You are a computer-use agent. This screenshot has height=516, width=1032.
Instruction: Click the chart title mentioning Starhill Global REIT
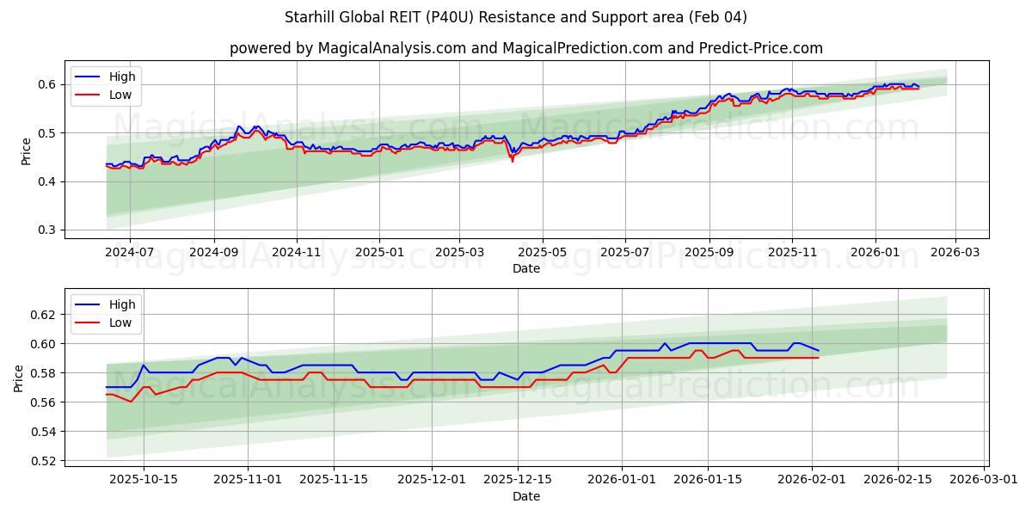[516, 17]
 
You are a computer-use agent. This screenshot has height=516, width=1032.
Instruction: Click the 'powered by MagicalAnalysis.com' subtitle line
[525, 48]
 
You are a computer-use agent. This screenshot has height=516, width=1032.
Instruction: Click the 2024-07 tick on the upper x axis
[130, 252]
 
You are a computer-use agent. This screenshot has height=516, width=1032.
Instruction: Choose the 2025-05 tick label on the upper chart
[543, 252]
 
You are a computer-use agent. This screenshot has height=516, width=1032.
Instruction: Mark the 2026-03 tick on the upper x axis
[955, 252]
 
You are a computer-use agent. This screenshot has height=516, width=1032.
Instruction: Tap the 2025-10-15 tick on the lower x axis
[144, 479]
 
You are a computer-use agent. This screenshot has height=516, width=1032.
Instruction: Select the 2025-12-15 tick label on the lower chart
[518, 479]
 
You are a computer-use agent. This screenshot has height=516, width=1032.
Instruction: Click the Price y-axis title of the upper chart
[26, 150]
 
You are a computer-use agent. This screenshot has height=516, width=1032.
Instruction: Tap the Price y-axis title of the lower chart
[19, 378]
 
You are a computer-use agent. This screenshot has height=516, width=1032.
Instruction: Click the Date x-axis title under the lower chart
[525, 496]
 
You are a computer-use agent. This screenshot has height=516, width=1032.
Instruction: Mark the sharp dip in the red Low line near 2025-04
[513, 161]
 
